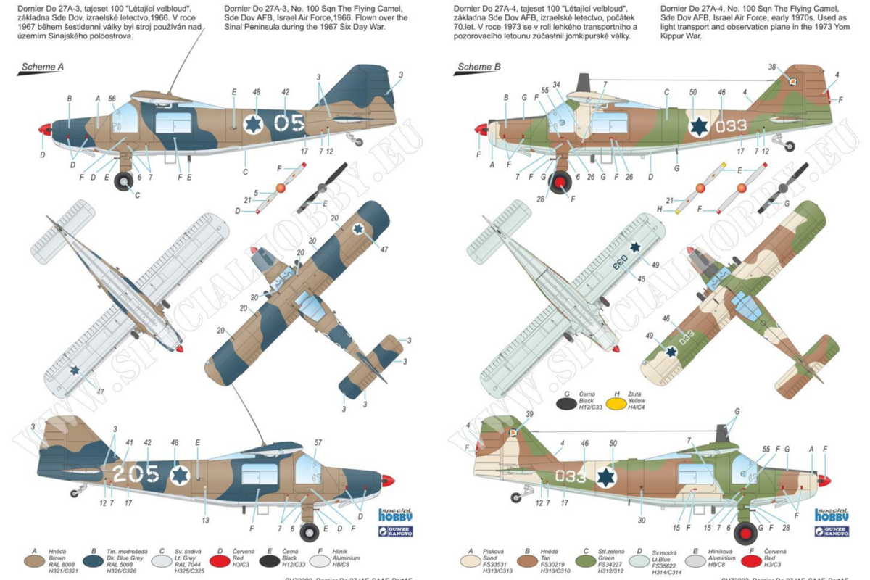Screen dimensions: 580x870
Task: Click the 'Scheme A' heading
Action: click(x=43, y=67)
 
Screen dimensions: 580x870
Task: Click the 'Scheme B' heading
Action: click(x=478, y=67)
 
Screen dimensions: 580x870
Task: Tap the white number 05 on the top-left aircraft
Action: click(x=289, y=123)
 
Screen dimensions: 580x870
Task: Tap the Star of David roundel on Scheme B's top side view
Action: click(x=698, y=126)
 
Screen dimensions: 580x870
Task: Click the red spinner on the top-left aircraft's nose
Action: click(x=45, y=131)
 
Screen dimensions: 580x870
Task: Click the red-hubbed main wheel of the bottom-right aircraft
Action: click(x=745, y=534)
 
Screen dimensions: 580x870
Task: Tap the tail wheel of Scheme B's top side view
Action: click(x=790, y=146)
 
